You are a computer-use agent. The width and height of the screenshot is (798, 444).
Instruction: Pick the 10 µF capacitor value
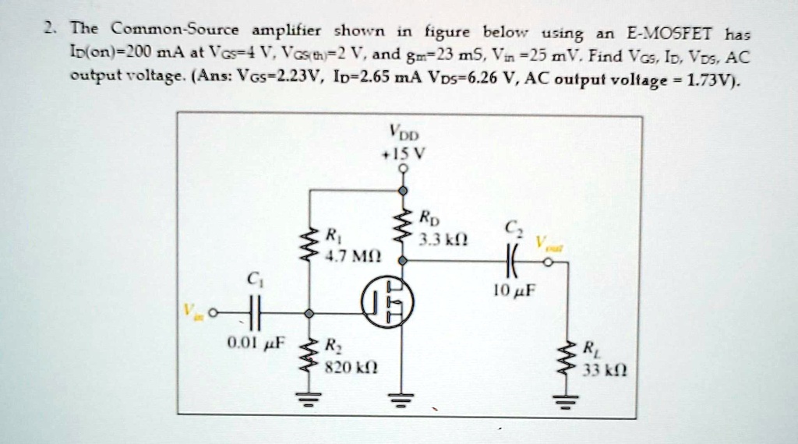(513, 293)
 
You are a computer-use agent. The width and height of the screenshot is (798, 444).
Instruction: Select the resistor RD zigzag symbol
(403, 227)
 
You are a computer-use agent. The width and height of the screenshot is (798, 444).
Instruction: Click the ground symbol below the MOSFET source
(403, 399)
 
